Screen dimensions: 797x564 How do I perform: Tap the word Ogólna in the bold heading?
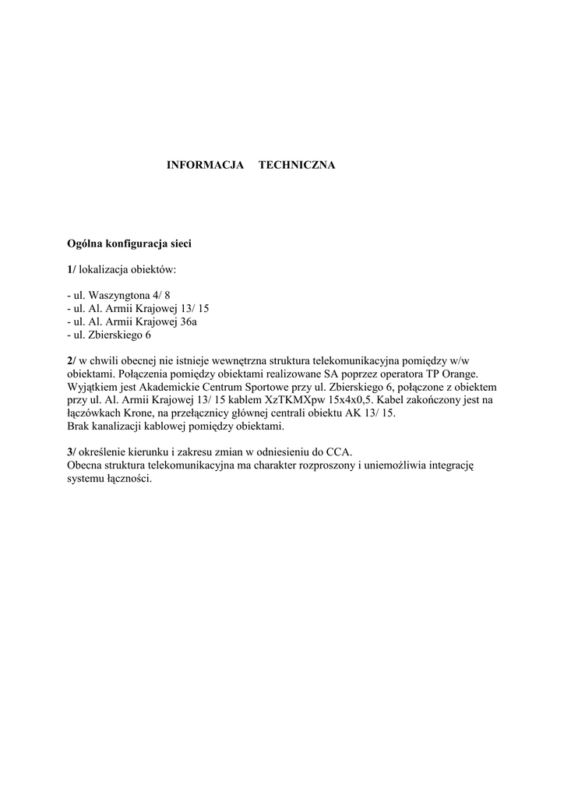(85, 244)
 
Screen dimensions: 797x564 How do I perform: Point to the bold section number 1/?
(72, 269)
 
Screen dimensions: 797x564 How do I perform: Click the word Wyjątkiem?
(93, 387)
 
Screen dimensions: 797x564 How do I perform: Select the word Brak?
(79, 427)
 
